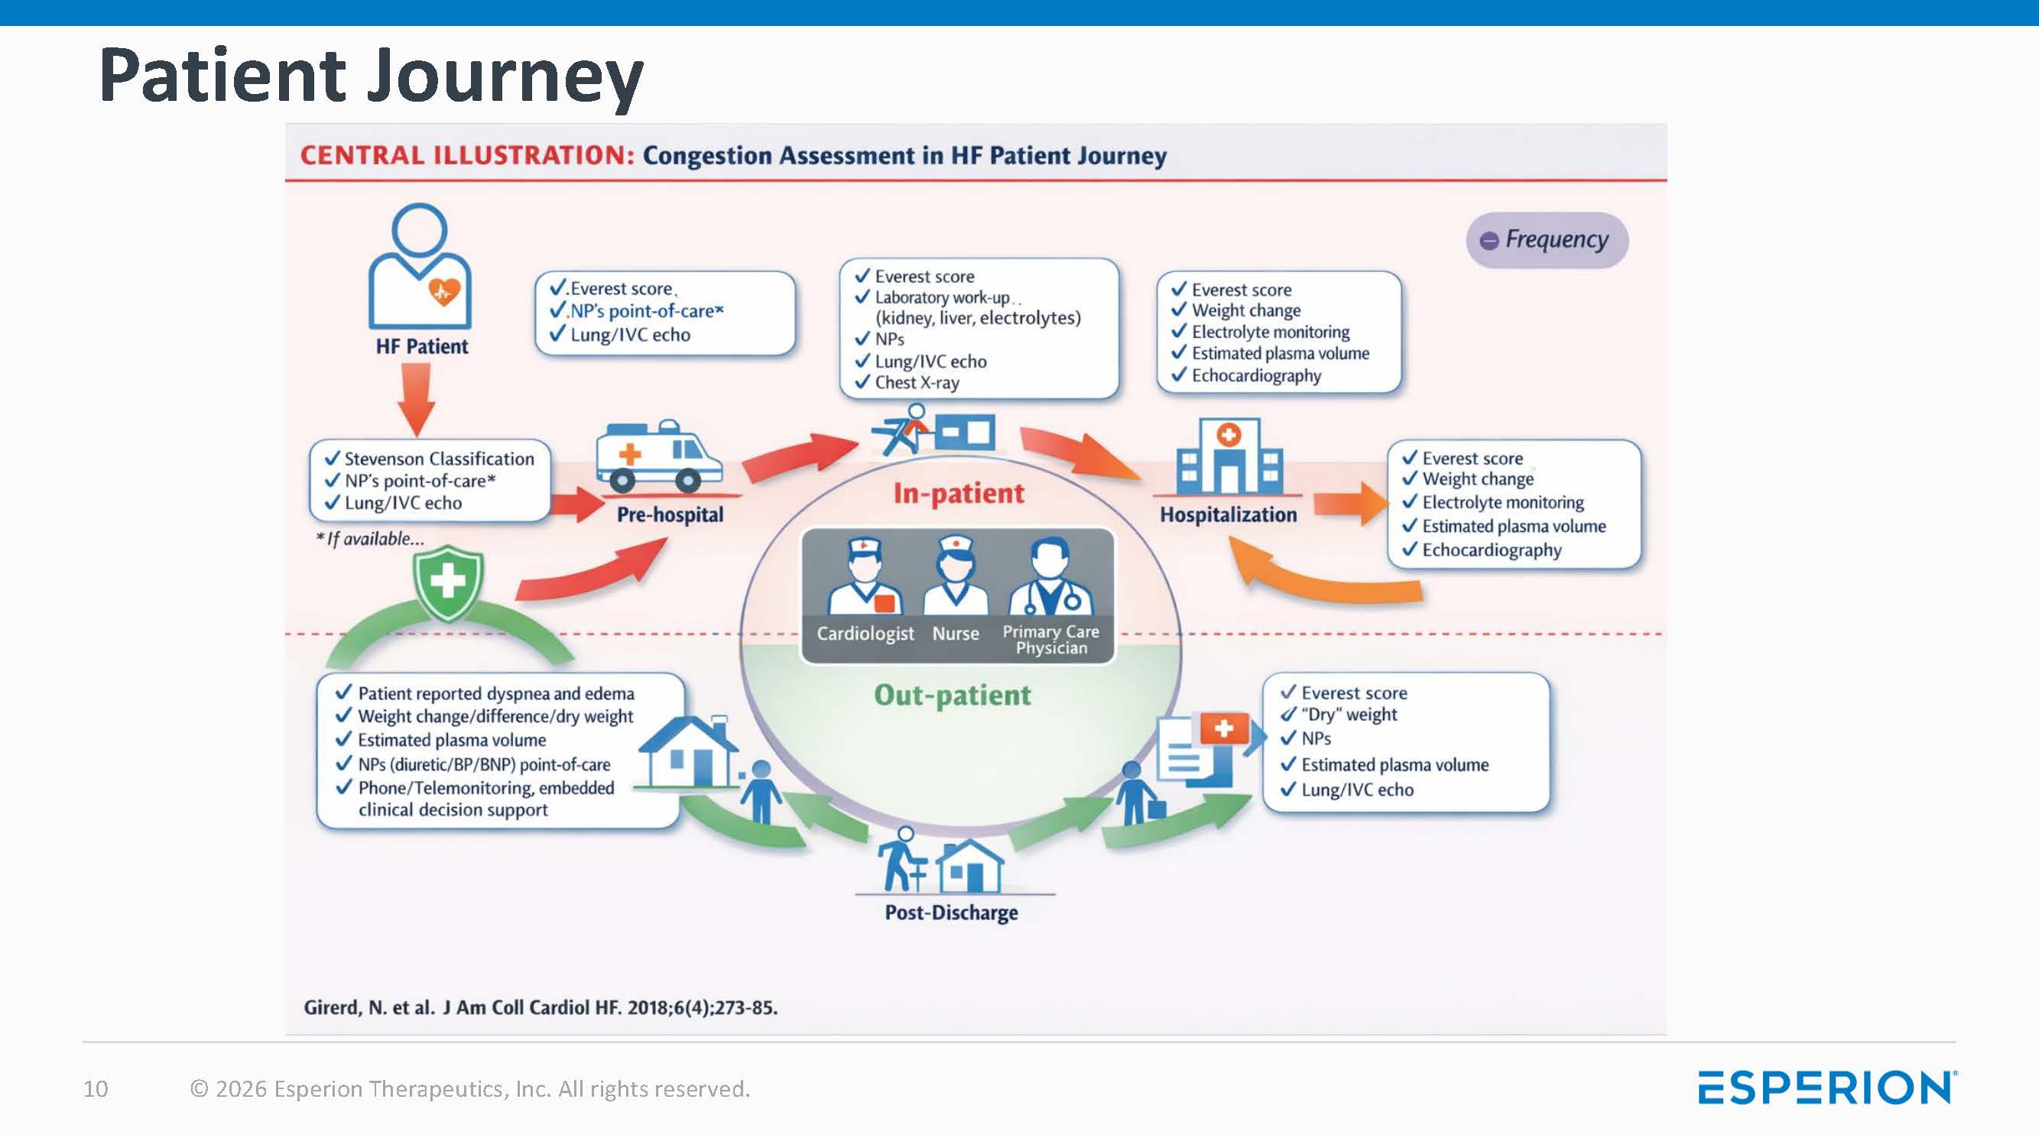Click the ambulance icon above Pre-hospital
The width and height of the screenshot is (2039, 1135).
658,457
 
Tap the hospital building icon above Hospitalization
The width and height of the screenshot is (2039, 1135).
1228,457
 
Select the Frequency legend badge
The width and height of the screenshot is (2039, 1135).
1547,240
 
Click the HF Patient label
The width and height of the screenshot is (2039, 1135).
422,347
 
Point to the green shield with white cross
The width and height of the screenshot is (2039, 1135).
448,582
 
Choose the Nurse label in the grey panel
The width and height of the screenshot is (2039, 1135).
956,634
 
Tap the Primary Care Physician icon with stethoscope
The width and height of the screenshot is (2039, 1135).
1051,576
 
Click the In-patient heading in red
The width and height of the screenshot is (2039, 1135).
959,494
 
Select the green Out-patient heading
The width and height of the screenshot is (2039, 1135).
952,696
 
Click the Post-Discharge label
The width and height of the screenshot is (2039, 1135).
951,913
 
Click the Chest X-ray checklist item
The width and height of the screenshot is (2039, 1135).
917,383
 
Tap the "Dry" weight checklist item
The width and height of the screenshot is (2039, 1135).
1349,715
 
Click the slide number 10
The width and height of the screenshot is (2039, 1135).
96,1089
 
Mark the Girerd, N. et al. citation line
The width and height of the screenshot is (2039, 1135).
541,1007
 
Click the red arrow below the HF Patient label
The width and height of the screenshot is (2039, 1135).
417,399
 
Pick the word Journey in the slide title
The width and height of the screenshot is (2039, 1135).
505,76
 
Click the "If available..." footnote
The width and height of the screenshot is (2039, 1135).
371,539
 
